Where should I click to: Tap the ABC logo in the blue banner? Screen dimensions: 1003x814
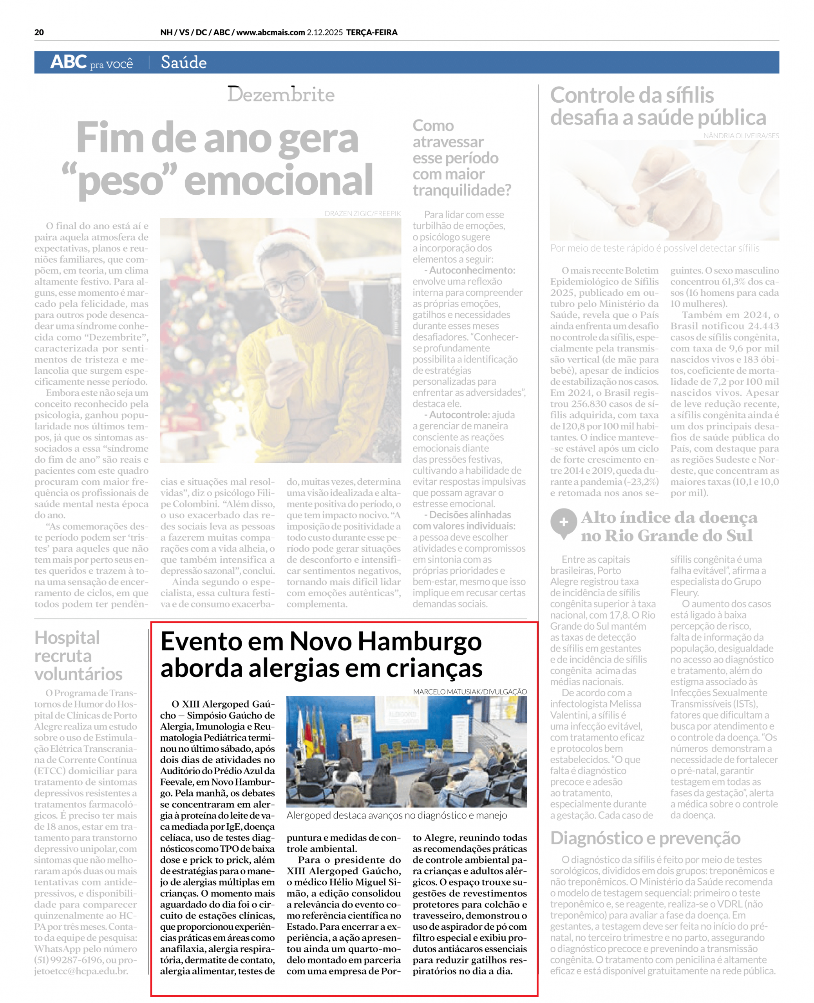(69, 62)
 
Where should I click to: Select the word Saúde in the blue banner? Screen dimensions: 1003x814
(183, 62)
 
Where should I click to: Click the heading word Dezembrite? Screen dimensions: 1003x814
(281, 94)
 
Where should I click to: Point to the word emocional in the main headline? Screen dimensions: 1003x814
(279, 180)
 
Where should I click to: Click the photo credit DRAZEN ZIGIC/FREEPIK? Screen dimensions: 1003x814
(362, 214)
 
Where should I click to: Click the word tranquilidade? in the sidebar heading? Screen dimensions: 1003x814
(461, 190)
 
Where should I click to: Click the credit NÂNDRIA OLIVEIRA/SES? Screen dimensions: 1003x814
(741, 136)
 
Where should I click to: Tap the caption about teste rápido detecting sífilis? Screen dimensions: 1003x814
(655, 248)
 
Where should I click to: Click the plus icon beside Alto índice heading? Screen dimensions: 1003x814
(563, 522)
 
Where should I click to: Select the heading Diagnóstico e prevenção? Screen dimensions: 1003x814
(645, 838)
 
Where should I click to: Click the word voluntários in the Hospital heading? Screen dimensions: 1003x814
(78, 674)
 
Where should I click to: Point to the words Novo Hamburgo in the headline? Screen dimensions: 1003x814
(385, 641)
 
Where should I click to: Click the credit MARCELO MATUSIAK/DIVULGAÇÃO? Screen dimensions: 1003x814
(470, 692)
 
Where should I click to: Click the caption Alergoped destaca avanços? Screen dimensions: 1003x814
(396, 815)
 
